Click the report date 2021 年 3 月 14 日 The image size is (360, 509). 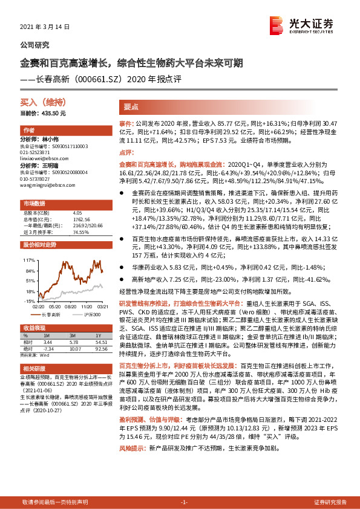[45, 27]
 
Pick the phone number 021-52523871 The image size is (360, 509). [38, 152]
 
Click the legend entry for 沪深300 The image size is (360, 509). [91, 315]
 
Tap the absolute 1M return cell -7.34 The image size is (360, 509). [50, 348]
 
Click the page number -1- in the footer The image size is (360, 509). [185, 502]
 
